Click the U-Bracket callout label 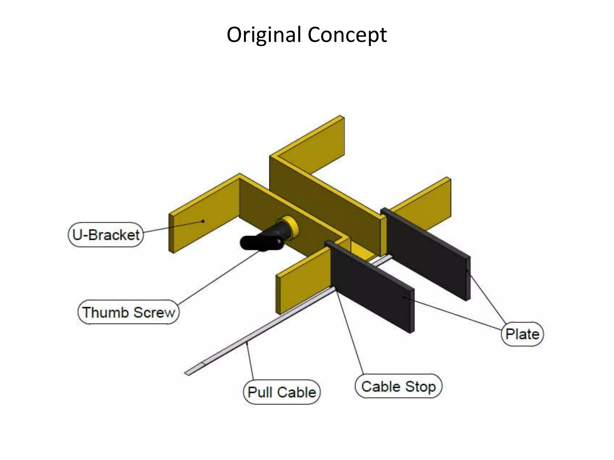tap(106, 235)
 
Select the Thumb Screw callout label tap(129, 312)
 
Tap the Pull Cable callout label tap(282, 392)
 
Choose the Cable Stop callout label tap(398, 386)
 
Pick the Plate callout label tap(522, 334)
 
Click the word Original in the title tap(264, 35)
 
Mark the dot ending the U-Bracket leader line tap(203, 221)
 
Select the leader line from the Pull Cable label tap(250, 361)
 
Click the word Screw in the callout tap(154, 312)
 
